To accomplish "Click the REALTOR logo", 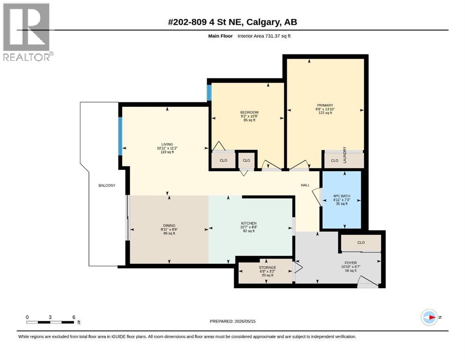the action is [28, 32].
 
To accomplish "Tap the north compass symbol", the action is [429, 317].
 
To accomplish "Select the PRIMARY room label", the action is [325, 109].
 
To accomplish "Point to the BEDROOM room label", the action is [249, 116].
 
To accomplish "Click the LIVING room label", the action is [167, 148].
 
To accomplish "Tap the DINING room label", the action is [169, 229].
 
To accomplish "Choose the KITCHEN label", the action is [249, 227].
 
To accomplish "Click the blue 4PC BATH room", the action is [342, 200].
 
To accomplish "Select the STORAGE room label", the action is [267, 271].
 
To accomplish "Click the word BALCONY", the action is [107, 186].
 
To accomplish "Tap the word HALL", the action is [305, 185].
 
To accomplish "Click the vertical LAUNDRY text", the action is [345, 155].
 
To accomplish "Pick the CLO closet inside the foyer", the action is [361, 243].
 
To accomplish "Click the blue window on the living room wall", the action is [120, 136].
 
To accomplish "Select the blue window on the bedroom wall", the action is [209, 92].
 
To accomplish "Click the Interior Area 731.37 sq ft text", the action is [264, 36].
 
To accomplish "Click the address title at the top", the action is [232, 22].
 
